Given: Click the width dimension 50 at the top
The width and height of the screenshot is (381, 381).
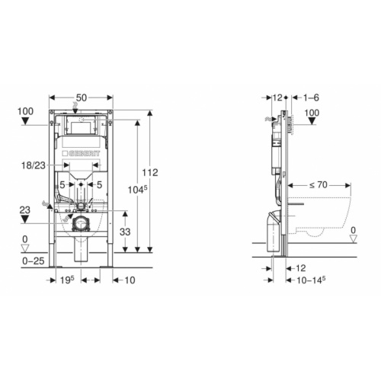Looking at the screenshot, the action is click(82, 98).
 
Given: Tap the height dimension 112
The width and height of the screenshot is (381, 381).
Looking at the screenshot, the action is click(150, 173).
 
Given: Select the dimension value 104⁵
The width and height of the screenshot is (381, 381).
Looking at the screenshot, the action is click(137, 190).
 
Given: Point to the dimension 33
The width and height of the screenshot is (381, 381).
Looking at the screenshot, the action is click(125, 232).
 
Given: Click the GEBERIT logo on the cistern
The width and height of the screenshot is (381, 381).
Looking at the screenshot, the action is click(82, 153).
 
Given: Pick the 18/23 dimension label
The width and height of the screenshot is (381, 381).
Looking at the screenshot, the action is click(34, 165).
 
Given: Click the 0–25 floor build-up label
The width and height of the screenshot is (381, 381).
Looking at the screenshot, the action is click(34, 261).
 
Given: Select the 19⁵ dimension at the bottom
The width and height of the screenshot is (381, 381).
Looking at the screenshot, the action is click(67, 280).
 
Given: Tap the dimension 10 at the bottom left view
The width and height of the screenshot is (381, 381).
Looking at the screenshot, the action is click(130, 280).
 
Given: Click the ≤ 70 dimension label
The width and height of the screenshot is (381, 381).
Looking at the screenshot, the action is click(319, 185).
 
